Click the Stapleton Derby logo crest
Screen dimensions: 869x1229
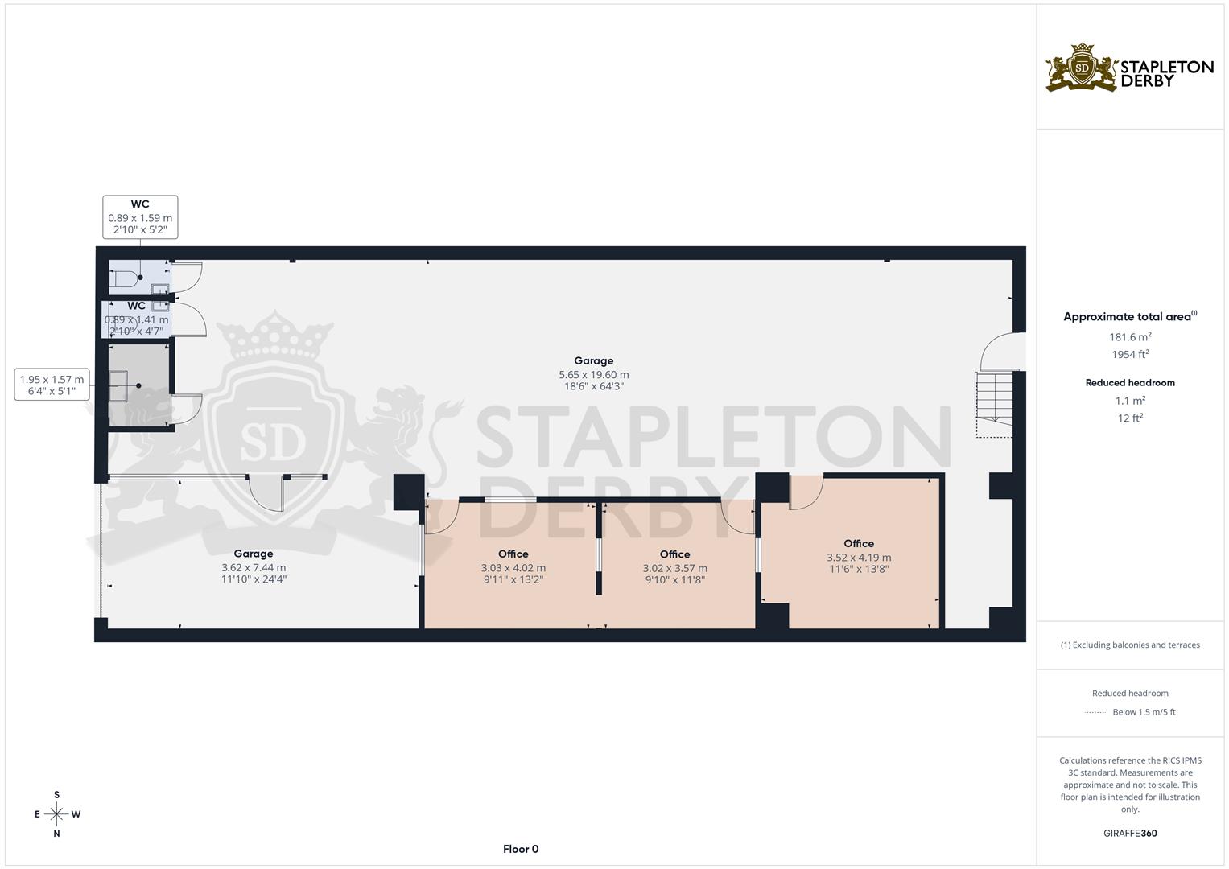tap(1082, 68)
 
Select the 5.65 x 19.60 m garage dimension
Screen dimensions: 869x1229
tap(593, 375)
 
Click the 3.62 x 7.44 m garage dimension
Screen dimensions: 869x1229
tap(254, 568)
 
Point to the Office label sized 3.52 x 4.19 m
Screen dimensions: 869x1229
tap(859, 544)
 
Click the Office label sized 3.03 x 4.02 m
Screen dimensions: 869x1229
tap(513, 554)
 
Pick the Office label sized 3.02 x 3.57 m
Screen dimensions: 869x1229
tap(674, 554)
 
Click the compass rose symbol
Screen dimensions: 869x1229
tap(56, 814)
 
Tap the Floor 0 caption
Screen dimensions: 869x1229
tap(520, 849)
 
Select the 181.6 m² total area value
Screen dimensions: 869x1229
tap(1130, 337)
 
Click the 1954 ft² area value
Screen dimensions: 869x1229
tap(1130, 355)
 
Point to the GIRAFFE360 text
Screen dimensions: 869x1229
tap(1130, 834)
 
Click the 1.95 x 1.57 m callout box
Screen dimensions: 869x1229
tap(52, 385)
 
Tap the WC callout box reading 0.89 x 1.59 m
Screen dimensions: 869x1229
tap(140, 217)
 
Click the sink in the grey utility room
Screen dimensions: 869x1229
tap(119, 385)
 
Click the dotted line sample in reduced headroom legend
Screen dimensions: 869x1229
tap(1095, 712)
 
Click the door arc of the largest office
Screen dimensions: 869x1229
tap(805, 492)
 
